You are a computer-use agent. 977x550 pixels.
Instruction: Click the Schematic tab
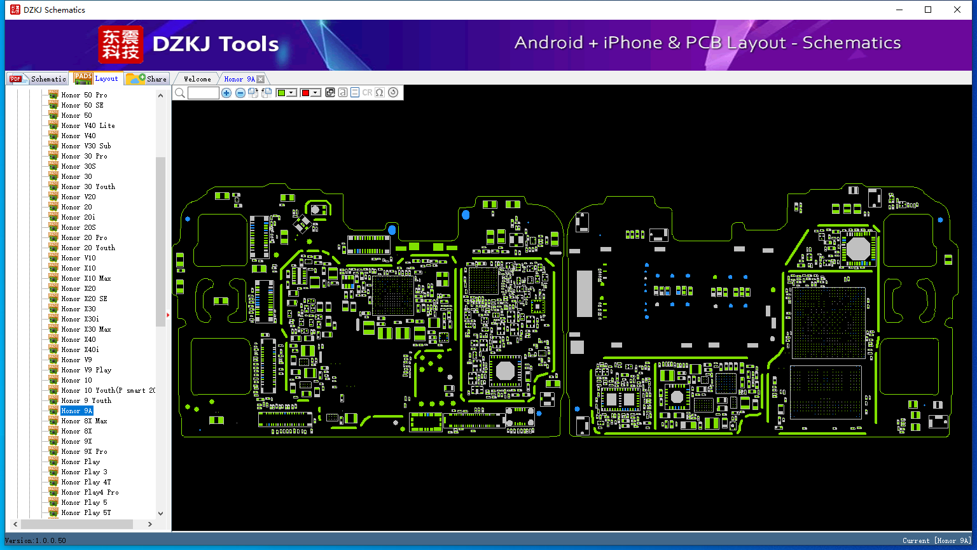coord(38,78)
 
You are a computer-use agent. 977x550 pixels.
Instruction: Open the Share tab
coord(146,78)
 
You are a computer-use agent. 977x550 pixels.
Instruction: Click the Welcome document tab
coord(197,79)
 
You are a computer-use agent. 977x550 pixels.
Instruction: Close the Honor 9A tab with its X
coord(260,79)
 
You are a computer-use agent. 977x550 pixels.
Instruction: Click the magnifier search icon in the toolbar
coord(180,92)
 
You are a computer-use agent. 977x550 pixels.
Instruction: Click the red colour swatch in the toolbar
coord(305,92)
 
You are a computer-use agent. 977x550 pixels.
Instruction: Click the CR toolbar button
coord(367,92)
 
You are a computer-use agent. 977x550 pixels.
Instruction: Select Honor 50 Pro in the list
coord(84,95)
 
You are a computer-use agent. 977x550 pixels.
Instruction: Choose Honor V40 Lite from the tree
coord(88,125)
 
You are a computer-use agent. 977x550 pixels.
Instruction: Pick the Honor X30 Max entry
coord(86,329)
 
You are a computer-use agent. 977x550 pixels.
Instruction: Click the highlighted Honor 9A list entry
coord(77,411)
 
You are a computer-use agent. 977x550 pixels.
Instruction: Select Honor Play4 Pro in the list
coord(90,492)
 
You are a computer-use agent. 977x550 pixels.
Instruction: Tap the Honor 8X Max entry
coord(84,421)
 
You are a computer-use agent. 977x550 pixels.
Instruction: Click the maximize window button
coord(928,10)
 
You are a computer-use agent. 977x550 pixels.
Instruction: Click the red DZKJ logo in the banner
coord(121,44)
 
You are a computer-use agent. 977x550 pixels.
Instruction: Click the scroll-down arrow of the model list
coord(160,513)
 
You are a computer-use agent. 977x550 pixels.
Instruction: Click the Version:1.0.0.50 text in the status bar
coord(36,540)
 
